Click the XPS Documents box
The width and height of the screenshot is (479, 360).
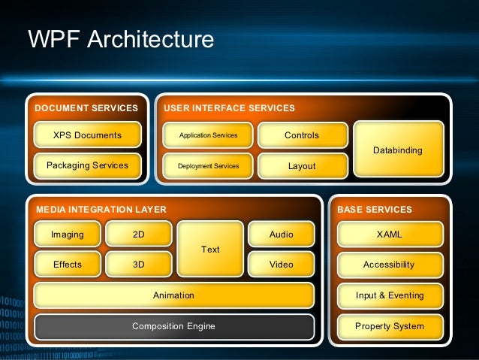pos(87,135)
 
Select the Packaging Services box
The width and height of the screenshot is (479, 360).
pos(87,165)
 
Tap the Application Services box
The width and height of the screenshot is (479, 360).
pos(208,135)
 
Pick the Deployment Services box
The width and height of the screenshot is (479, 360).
pos(208,166)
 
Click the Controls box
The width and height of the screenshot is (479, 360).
pos(302,135)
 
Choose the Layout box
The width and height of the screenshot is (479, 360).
pos(302,166)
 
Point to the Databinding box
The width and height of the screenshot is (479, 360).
pos(397,150)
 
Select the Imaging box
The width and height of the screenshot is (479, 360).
pos(68,234)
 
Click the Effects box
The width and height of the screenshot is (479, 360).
pos(68,265)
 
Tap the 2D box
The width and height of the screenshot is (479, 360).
pos(138,234)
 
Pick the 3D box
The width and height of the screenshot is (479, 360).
pos(138,265)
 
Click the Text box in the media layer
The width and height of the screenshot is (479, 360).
pos(210,250)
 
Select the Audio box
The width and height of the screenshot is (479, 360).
pos(281,234)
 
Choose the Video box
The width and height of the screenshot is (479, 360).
pos(281,265)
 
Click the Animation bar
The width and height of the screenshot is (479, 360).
pos(173,295)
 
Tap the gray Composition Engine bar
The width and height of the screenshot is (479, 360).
pos(173,326)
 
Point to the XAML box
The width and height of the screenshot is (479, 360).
pos(389,234)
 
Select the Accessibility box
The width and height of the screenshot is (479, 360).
pos(389,265)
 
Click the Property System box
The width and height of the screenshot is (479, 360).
pos(389,326)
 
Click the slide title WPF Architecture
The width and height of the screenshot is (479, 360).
pos(120,40)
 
